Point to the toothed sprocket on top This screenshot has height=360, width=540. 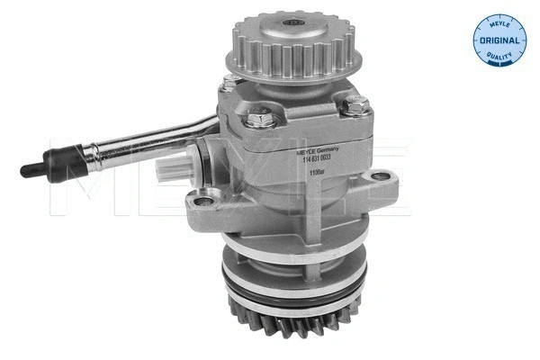(292, 46)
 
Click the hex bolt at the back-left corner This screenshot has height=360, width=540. (230, 82)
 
